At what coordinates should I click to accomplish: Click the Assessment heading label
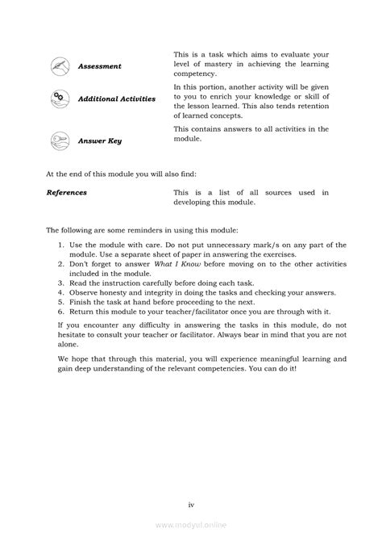[99, 66]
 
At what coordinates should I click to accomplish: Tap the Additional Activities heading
[116, 99]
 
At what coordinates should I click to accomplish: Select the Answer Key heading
[100, 140]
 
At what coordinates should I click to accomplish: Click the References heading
[67, 193]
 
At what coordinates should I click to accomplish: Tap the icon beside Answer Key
[60, 139]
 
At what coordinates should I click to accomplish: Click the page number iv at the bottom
[191, 482]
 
